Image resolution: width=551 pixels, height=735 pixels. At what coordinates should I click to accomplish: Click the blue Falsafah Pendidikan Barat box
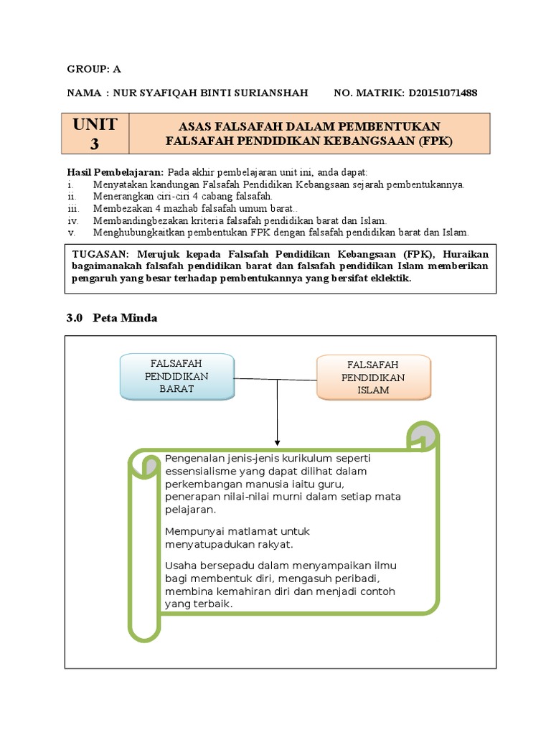176,377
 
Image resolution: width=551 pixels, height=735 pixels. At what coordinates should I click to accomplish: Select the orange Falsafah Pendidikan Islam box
373,378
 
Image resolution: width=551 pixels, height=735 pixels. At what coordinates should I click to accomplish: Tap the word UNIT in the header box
95,124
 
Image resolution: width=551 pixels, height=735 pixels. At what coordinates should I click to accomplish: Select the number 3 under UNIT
95,144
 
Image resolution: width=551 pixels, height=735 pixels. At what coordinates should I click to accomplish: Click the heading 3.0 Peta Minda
111,318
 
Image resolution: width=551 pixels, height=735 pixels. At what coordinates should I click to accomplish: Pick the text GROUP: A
94,69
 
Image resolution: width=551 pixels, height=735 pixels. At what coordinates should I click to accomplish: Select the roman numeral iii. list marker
72,208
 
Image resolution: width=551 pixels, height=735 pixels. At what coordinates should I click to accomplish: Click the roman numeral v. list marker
70,232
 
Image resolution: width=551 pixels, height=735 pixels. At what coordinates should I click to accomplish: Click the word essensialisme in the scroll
202,471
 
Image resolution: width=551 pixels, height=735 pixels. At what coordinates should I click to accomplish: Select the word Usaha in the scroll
179,566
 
